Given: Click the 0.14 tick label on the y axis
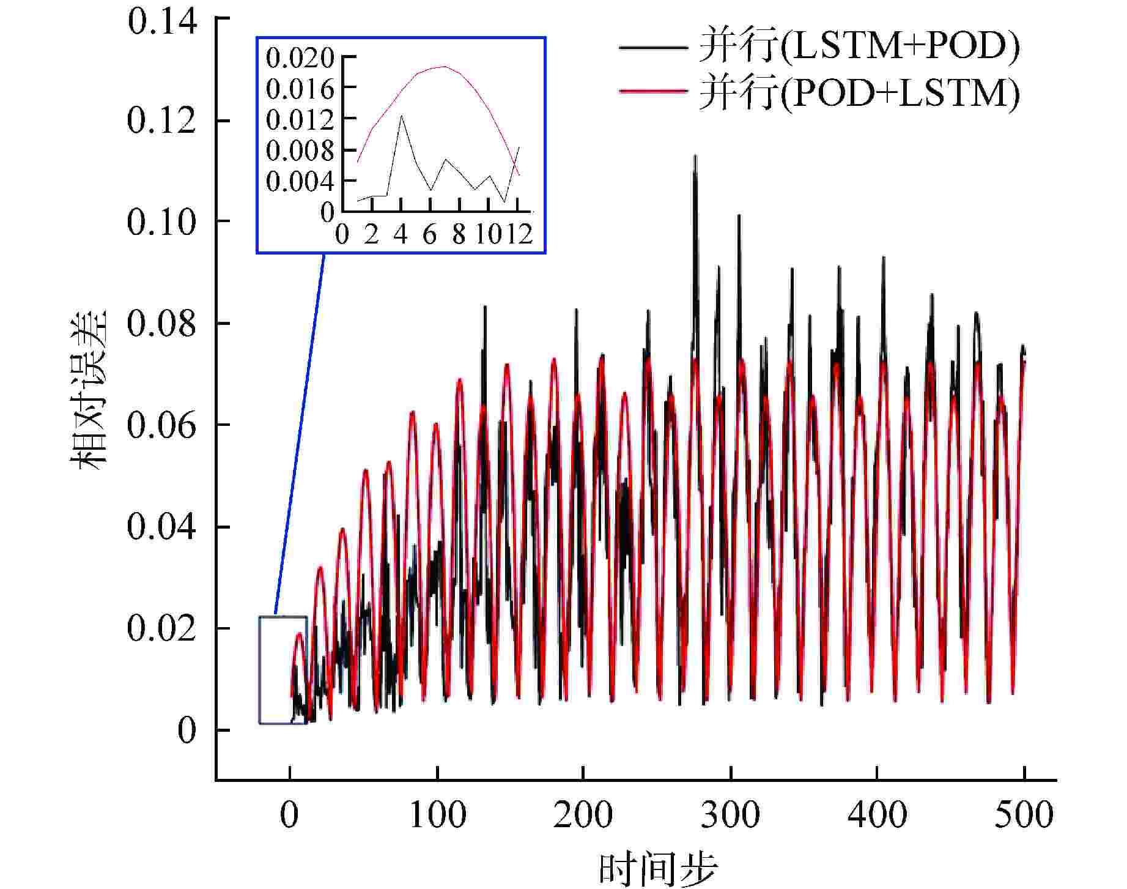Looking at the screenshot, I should (162, 23).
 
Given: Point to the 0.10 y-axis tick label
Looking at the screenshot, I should (162, 221).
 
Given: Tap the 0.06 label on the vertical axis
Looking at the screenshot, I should (162, 425).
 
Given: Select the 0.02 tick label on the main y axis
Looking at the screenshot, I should (162, 628).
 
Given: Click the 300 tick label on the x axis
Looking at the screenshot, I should (730, 815).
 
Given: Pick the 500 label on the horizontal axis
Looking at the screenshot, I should (1024, 815).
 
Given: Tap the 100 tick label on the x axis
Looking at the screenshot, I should (437, 815).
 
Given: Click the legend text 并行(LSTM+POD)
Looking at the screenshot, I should (859, 46).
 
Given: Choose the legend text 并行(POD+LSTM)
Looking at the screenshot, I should (859, 94).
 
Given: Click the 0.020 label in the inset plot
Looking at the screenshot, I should (300, 59).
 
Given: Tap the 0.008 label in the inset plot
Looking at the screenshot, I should (300, 151).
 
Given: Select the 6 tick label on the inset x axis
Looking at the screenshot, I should (429, 234).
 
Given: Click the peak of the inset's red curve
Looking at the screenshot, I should (444, 67).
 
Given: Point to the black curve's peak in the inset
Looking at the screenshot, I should (401, 116).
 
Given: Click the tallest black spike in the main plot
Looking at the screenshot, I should (695, 157).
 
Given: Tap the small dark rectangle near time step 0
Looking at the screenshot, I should (283, 670).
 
